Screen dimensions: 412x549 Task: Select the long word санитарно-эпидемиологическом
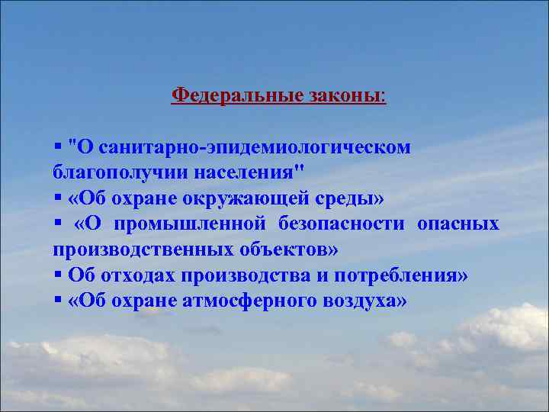coord(255,146)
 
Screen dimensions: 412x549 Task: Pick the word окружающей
coord(236,198)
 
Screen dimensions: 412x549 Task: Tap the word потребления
coord(404,275)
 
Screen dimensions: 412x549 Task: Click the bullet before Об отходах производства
coord(58,275)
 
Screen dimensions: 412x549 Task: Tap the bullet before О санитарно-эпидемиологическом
coord(58,146)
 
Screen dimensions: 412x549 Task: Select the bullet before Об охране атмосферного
coord(58,301)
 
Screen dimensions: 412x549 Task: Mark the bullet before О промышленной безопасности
coord(58,224)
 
